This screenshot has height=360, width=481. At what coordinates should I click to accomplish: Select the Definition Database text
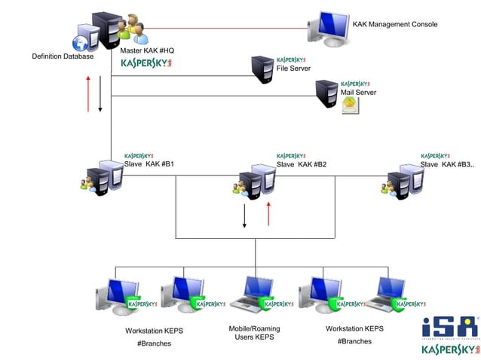pyautogui.click(x=63, y=56)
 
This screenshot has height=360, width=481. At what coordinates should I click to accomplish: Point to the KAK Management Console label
pyautogui.click(x=395, y=24)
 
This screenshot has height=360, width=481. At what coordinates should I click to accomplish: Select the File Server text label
pyautogui.click(x=293, y=68)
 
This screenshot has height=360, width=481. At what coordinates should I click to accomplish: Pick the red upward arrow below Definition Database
pyautogui.click(x=89, y=93)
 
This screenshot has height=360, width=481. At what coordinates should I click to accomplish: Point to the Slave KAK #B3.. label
pyautogui.click(x=448, y=164)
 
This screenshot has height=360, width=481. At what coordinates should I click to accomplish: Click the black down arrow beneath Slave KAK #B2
pyautogui.click(x=244, y=216)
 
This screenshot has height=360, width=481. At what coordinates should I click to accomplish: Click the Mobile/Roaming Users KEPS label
pyautogui.click(x=254, y=333)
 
